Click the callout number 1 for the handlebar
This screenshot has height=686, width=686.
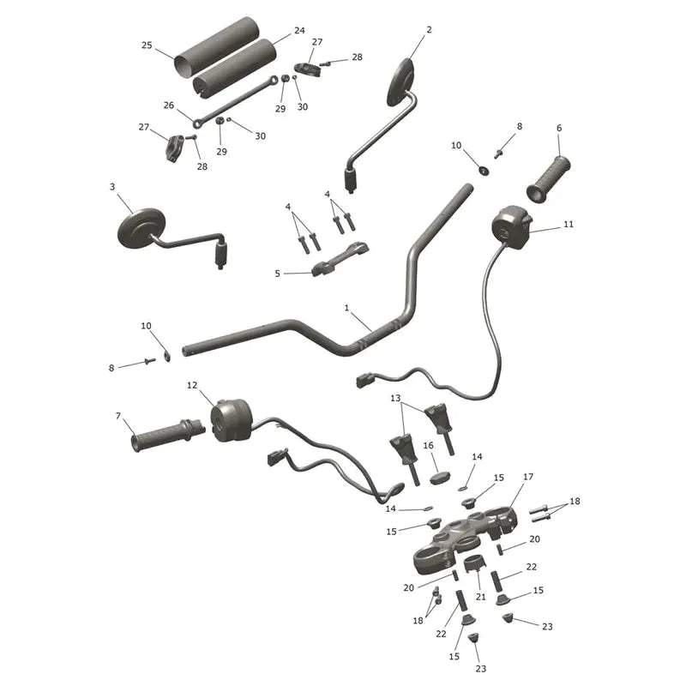346,308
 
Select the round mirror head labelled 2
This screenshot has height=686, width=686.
400,81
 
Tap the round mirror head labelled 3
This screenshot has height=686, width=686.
141,228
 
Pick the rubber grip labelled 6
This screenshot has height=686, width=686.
548,179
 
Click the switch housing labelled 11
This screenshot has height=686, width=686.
511,227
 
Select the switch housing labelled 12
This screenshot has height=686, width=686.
231,420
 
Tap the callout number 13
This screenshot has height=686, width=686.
395,398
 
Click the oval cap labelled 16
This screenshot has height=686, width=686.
439,478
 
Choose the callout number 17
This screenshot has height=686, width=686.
528,477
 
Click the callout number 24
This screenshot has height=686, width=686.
299,31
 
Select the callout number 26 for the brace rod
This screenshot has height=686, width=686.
168,105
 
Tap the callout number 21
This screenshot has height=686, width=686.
481,596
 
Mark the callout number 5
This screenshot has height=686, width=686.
277,274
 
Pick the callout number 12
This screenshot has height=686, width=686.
192,385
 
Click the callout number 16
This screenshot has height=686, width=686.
428,445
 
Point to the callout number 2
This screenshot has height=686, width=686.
429,29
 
